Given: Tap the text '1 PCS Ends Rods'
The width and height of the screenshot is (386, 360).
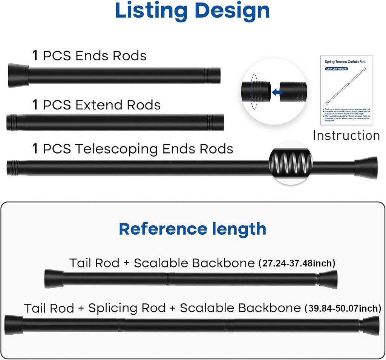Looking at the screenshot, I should click(89, 56).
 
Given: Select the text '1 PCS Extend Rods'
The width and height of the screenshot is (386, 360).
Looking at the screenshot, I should click(96, 105).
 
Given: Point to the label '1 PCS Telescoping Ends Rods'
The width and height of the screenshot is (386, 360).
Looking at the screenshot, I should click(133, 149).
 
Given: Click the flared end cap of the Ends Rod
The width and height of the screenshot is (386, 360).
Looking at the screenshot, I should click(18, 75).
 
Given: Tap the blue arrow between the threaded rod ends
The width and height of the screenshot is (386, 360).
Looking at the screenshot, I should click(278, 92).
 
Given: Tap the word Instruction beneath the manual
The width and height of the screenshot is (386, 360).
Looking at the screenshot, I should click(346, 135).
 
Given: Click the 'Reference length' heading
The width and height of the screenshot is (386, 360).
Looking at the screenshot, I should click(193, 229).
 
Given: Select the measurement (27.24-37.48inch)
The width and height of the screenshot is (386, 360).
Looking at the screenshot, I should click(297, 263).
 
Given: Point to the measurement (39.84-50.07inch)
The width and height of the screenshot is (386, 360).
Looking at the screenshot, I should click(343, 308).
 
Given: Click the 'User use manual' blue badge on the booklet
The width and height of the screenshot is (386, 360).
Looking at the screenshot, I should click(336, 69).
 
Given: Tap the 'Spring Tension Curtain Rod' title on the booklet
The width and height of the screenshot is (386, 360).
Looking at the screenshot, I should click(345, 61).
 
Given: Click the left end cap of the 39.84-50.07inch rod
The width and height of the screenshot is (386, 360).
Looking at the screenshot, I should click(14, 325).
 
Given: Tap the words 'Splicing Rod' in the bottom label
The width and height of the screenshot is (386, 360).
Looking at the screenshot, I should click(127, 308).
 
